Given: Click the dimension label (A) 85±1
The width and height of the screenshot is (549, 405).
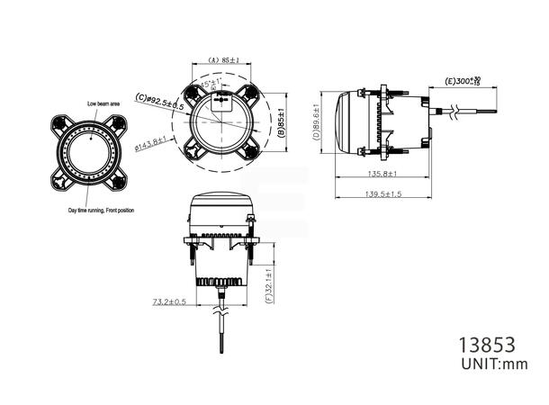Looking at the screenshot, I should [x=222, y=60].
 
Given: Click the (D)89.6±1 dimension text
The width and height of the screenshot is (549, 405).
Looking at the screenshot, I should [x=317, y=123].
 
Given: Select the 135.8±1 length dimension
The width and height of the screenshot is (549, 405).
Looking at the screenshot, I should [x=383, y=175].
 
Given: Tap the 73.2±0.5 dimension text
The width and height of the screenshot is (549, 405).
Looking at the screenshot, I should [x=169, y=301].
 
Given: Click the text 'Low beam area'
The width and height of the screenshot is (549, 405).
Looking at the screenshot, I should [x=105, y=103].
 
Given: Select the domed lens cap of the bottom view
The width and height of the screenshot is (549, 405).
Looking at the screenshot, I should [x=221, y=202].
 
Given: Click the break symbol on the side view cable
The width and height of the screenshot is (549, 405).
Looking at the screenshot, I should [x=460, y=112].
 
